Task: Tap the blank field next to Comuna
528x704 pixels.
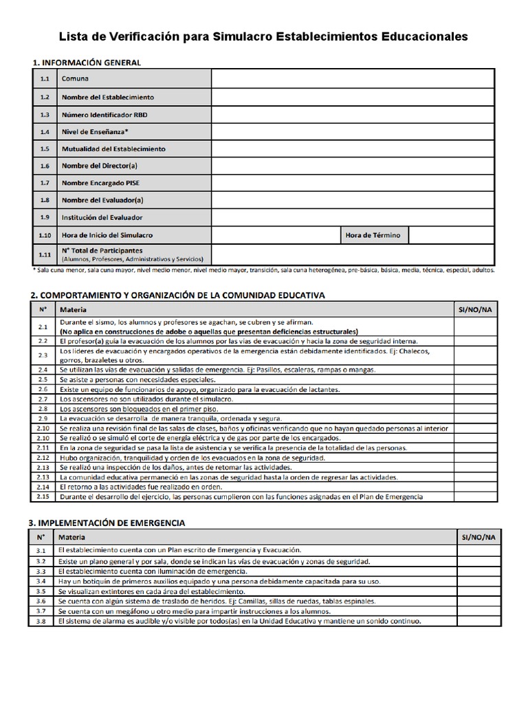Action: coord(352,79)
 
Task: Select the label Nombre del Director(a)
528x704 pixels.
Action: coord(100,166)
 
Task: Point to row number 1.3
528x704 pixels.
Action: coord(45,114)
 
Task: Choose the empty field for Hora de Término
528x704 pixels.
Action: coord(452,235)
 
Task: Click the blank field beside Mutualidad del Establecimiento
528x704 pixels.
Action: coord(352,148)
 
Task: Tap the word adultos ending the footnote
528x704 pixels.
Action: coord(481,270)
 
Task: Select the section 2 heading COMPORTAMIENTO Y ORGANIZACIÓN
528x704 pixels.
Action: coord(177,294)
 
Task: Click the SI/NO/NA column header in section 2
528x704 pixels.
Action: coord(474,310)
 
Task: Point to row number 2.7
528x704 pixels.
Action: coord(43,399)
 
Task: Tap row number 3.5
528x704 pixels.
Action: coord(41,591)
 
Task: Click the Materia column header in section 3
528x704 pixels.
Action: coord(71,537)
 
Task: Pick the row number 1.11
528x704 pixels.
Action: coord(45,255)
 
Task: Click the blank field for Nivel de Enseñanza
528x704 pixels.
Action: coord(352,131)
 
